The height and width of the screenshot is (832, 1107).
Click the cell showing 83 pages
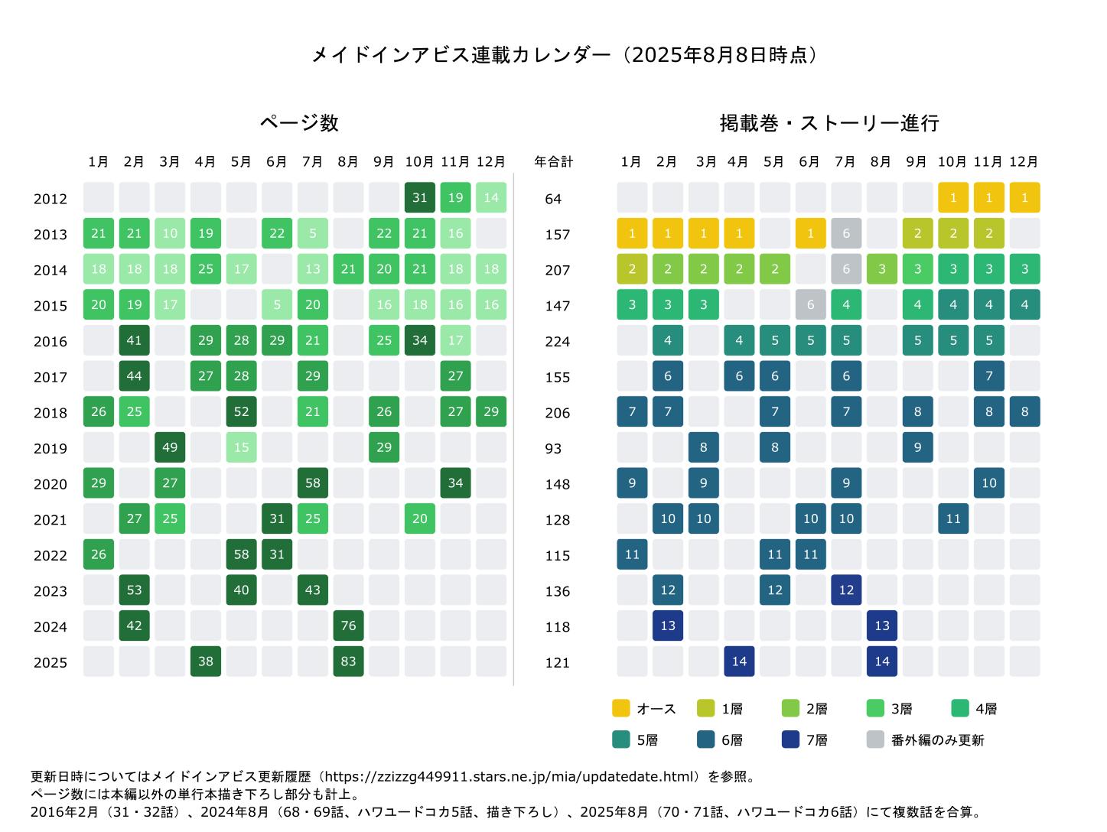tap(348, 661)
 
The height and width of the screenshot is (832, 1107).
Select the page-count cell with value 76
tap(348, 626)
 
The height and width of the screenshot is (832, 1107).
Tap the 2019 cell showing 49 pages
tap(170, 447)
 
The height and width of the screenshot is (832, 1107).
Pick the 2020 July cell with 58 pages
tap(312, 483)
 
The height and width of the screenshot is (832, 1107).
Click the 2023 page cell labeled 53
tap(134, 590)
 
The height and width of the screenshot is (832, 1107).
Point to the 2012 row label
tap(50, 199)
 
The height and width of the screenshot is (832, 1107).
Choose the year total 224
tap(557, 341)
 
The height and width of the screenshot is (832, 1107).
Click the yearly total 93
tap(553, 448)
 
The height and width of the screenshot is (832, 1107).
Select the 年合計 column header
tap(553, 162)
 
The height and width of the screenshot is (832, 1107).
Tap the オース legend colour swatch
tap(620, 708)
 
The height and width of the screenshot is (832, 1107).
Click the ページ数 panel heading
tap(298, 122)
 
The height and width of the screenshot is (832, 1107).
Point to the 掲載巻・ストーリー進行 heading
tap(829, 122)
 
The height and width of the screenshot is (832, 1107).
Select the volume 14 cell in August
tap(881, 661)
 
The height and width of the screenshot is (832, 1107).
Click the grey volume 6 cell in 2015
tap(810, 304)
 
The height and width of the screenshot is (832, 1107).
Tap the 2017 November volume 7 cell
tap(988, 376)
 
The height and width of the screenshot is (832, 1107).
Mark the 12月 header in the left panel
tap(490, 162)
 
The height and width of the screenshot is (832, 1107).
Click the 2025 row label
tap(50, 662)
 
